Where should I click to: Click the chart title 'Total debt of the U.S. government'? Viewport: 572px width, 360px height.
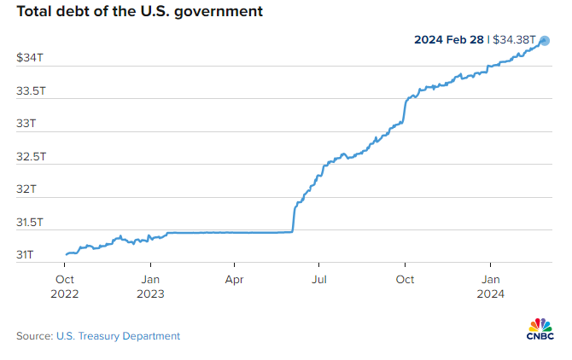140,12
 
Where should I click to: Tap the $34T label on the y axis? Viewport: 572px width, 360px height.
30,57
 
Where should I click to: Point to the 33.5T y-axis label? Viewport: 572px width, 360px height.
31,90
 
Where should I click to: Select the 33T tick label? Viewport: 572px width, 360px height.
26,124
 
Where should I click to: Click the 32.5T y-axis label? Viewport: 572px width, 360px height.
31,157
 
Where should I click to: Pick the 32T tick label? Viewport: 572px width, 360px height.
26,189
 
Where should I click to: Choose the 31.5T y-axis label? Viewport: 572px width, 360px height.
30,223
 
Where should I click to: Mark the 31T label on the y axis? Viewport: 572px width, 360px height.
25,255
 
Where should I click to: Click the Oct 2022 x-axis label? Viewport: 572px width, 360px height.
65,287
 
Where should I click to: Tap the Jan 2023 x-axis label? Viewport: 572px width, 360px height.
150,287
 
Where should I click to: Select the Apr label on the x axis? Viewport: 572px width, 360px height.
234,280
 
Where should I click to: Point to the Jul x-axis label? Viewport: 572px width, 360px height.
318,280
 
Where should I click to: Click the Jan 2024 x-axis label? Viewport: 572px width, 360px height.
490,287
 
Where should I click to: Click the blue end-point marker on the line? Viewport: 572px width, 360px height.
545,41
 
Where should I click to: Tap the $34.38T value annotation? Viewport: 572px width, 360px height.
514,40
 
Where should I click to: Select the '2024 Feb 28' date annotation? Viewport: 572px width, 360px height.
449,40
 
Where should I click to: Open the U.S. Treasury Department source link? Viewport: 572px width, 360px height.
118,336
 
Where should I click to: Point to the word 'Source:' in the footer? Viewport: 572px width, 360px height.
35,336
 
